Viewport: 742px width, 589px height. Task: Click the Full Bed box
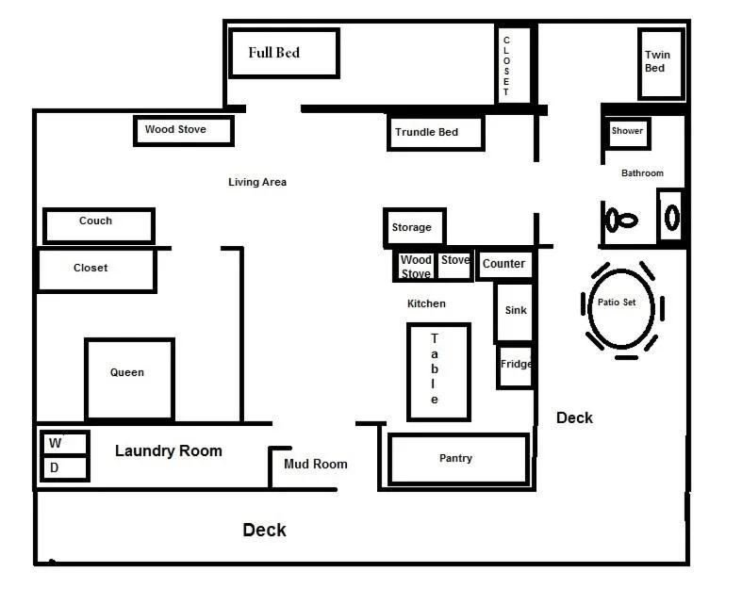284,53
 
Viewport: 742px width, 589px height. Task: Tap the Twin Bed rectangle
661,63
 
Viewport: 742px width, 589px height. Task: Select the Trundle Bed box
436,132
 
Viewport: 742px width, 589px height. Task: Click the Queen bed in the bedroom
130,380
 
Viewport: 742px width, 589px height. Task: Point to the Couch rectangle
99,225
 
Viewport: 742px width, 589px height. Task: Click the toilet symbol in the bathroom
621,220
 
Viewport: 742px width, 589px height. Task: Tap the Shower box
627,133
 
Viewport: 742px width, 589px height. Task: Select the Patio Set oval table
621,308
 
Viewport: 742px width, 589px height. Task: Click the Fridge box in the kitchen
516,367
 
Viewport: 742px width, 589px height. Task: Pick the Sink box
515,312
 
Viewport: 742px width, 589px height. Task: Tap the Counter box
504,264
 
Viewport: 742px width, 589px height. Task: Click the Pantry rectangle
458,459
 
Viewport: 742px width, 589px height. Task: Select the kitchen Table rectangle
438,372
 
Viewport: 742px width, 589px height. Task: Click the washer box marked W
65,443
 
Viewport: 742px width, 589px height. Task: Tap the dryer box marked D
65,468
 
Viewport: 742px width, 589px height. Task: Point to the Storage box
415,227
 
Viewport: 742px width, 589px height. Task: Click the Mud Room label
316,464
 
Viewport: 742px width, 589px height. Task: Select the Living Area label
257,182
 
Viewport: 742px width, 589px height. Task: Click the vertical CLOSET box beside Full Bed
514,64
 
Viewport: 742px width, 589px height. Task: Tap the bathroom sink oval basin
672,218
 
